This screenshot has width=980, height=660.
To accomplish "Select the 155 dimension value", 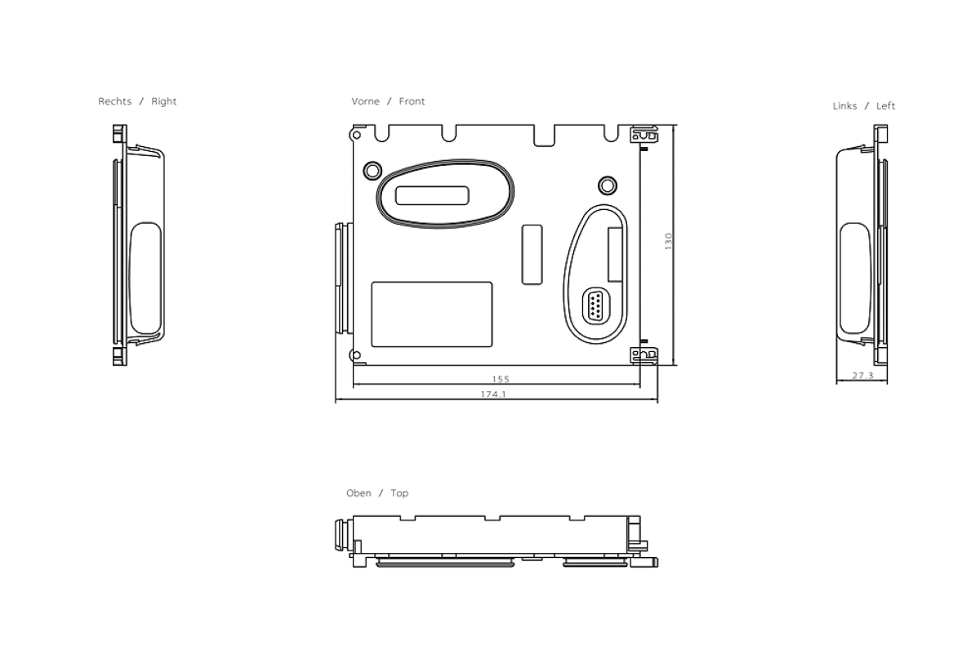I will point(501,379).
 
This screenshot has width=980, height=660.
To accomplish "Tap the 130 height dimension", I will point(668,241).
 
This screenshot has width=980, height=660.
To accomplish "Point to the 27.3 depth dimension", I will point(862,376).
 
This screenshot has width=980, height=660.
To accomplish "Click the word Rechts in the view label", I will point(115,101).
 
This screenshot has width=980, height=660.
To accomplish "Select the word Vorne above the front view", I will point(365,101).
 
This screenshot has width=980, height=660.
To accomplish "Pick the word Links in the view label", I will point(844,106).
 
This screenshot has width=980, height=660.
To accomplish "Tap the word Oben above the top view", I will point(359,493).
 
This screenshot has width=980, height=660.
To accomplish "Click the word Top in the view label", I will point(399,493).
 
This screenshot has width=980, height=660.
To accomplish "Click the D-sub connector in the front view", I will point(595,306).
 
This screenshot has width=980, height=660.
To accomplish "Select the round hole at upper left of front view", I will point(372,169).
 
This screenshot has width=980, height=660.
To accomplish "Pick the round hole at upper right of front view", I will point(606,182).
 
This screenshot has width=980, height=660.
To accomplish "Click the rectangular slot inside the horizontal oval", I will point(432,195).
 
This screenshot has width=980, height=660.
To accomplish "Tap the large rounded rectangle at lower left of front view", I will point(431,314).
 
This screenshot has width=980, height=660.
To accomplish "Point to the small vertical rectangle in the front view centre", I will point(532,253).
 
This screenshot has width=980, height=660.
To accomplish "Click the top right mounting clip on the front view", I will point(644,133).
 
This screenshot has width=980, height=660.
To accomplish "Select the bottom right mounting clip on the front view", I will point(644,355).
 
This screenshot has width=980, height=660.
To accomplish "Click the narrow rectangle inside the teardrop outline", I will point(615,252).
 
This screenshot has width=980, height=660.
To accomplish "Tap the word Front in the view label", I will point(412,101).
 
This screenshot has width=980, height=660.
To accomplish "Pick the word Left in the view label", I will point(885,106).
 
